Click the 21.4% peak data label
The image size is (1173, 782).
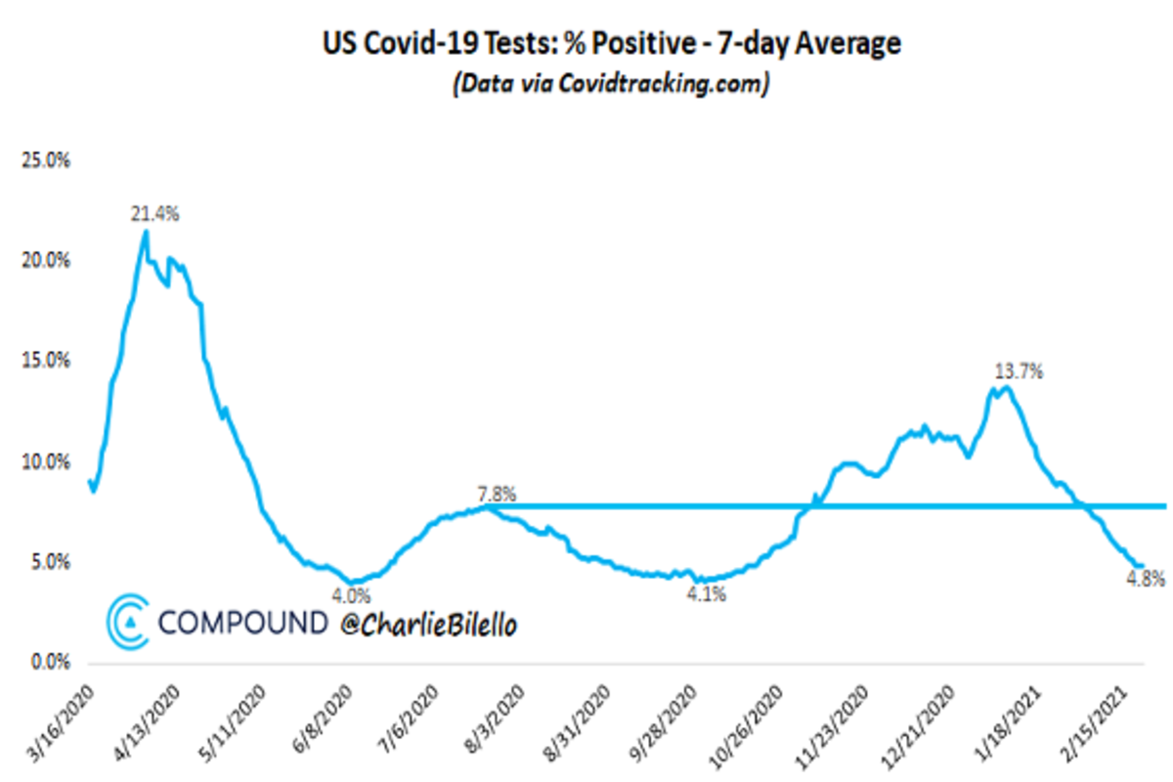coord(155,214)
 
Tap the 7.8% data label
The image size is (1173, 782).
coord(496,496)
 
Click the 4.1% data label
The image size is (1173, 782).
coord(707,593)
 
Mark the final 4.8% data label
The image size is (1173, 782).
coord(1146,579)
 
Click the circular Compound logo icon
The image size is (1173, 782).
coord(128,623)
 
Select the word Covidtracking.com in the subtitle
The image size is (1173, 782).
coord(664,85)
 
